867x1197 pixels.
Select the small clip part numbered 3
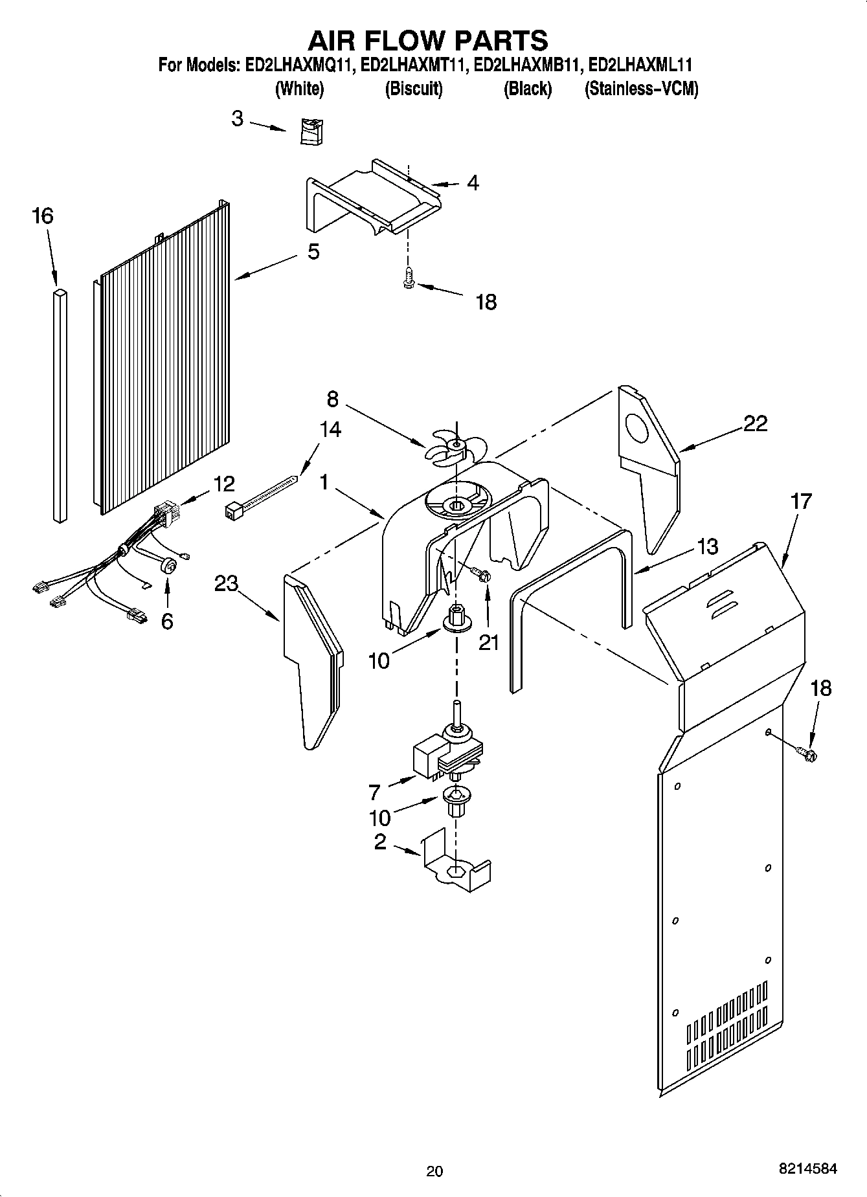(x=312, y=131)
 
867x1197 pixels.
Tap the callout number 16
(x=43, y=216)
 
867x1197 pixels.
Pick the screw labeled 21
(x=480, y=574)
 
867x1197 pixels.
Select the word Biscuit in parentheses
(x=414, y=89)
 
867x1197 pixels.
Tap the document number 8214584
(x=808, y=1169)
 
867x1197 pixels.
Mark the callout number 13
(x=708, y=546)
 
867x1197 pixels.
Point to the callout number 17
(x=801, y=501)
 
